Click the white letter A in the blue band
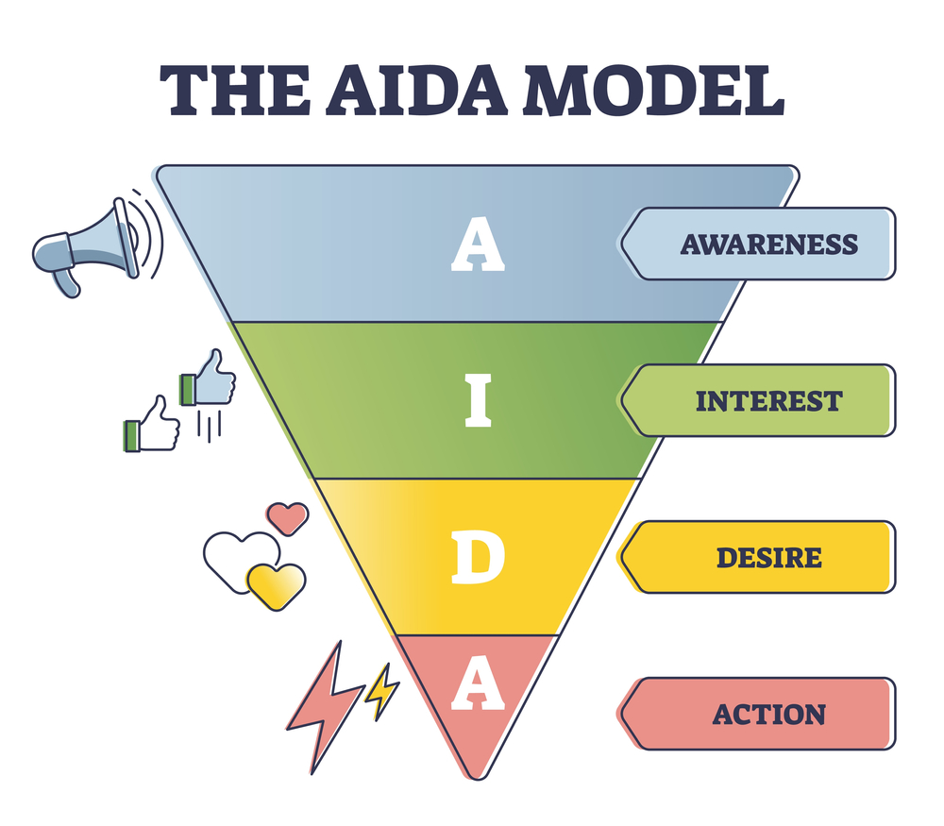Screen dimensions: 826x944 click(x=478, y=244)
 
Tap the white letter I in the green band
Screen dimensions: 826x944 click(x=478, y=401)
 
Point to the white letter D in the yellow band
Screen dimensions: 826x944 click(x=478, y=558)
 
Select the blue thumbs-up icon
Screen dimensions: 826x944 click(x=210, y=378)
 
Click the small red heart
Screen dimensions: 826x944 click(x=287, y=515)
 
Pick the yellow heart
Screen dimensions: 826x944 click(x=276, y=582)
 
